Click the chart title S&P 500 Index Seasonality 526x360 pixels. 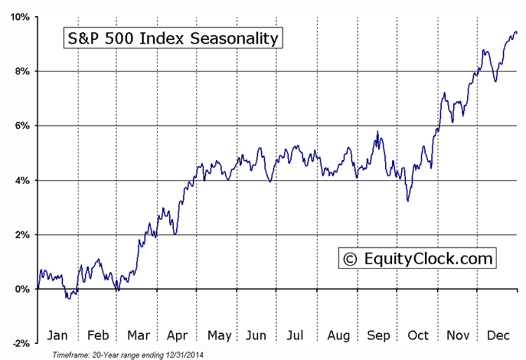173,38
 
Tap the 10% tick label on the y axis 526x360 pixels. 19,17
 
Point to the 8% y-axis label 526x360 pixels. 22,72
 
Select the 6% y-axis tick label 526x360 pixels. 22,126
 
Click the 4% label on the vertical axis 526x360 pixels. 22,180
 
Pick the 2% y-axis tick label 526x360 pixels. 22,234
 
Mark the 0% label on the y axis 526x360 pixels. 22,289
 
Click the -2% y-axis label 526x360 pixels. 20,343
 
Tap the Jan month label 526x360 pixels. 58,336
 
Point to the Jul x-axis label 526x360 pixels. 297,336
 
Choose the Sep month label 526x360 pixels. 379,336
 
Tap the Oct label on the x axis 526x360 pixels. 419,336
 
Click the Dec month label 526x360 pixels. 499,336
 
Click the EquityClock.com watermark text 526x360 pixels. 428,259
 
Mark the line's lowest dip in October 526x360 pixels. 407,201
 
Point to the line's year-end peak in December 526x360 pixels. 515,31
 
